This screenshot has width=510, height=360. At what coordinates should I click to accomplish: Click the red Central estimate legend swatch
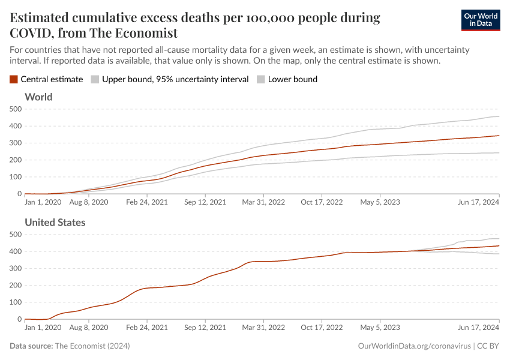[14, 79]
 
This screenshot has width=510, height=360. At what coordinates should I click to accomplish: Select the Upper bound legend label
[175, 79]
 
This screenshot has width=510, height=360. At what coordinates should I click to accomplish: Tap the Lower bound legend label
[293, 79]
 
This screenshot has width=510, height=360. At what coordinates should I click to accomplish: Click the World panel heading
[38, 97]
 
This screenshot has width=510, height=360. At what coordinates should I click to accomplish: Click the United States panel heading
[55, 223]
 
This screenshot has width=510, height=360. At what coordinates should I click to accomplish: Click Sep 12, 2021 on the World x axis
[205, 202]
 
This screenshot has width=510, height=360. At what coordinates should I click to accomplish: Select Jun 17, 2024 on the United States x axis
[479, 328]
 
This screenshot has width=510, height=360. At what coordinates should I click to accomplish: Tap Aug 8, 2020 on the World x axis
[88, 202]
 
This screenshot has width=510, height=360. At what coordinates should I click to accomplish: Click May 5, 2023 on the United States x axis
[379, 328]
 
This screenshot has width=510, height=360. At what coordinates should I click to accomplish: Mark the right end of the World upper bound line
[499, 116]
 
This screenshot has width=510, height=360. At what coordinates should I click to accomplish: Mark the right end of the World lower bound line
[499, 152]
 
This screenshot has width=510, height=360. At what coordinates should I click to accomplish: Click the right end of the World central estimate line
[499, 136]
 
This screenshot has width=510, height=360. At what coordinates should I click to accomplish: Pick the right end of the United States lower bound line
[499, 254]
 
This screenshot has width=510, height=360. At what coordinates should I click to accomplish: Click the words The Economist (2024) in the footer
[92, 346]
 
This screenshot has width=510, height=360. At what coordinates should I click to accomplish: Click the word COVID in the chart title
[34, 33]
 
